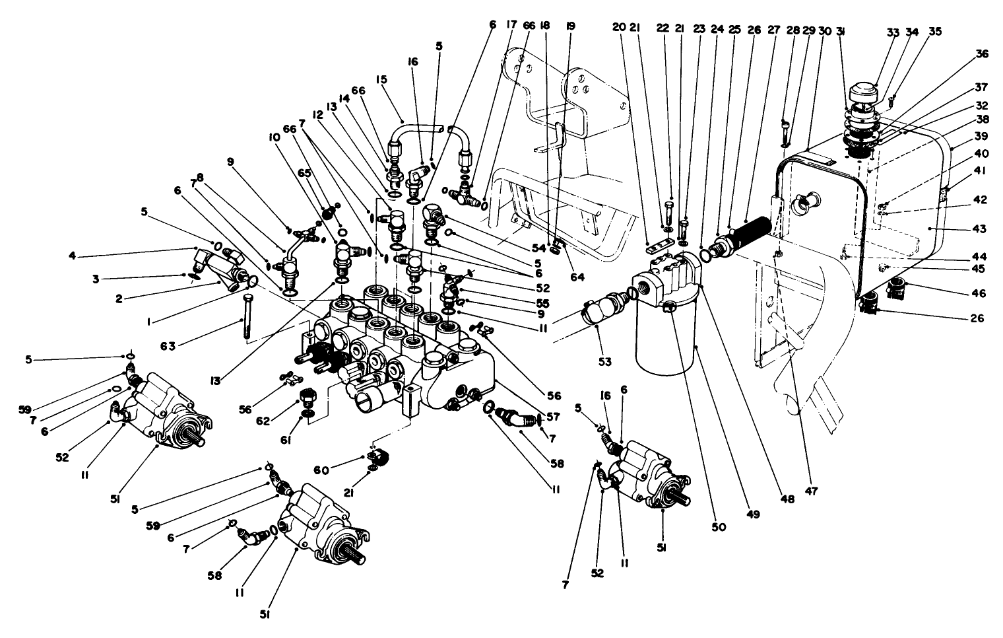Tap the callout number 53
(605, 361)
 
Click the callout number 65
(303, 190)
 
